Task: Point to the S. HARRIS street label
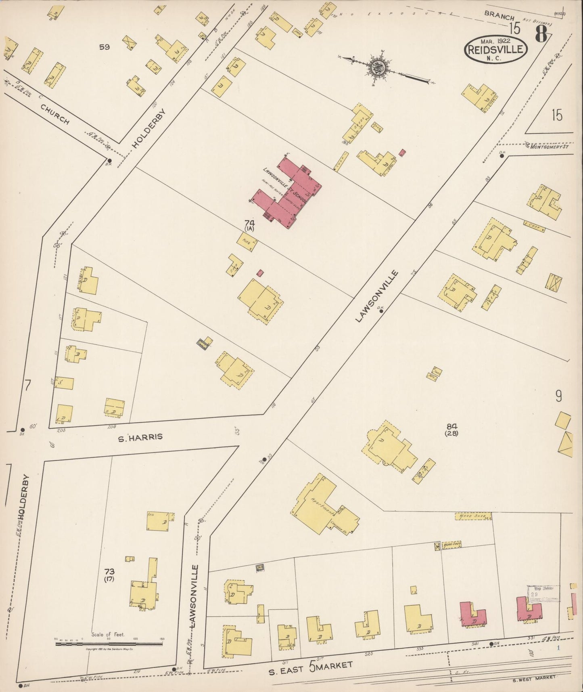[x=140, y=437]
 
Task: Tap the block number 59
[x=104, y=47]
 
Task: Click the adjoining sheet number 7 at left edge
[x=27, y=386]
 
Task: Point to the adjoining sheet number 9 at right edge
[x=558, y=396]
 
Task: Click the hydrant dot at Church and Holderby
[x=109, y=160]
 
